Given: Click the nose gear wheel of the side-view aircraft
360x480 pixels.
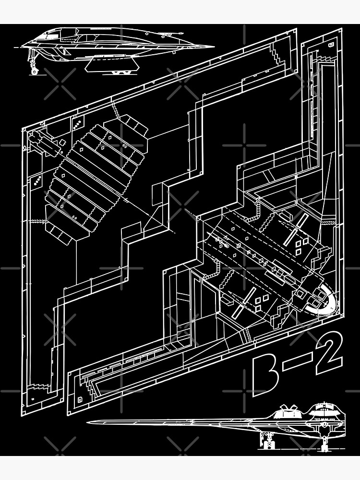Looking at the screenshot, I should pos(35,71).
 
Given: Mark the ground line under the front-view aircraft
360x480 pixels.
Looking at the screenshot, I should pos(307,450).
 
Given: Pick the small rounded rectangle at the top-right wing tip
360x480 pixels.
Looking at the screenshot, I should pos(331,44).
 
